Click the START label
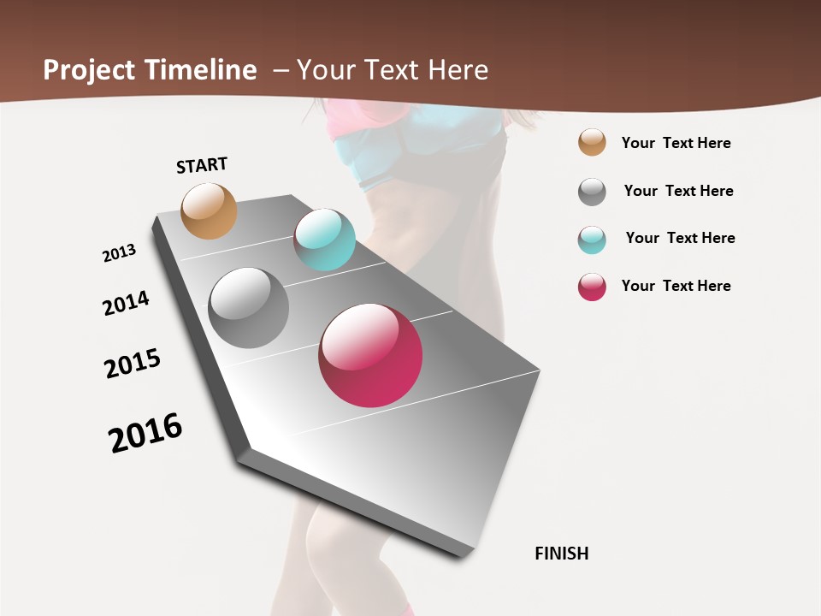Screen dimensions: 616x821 click(x=202, y=165)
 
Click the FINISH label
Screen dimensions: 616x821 click(x=562, y=554)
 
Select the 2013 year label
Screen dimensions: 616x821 click(x=119, y=253)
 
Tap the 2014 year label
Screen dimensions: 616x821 click(x=126, y=303)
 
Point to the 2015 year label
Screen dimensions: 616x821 click(x=133, y=364)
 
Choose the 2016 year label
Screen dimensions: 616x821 click(x=145, y=433)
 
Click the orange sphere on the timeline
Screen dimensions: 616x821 click(x=209, y=210)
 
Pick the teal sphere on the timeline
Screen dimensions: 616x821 click(x=324, y=240)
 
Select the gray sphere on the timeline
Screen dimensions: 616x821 click(x=248, y=308)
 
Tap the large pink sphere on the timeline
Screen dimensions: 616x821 click(x=370, y=355)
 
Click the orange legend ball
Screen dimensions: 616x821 click(x=592, y=142)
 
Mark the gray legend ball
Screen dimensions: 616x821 click(x=592, y=192)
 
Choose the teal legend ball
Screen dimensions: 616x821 click(x=592, y=240)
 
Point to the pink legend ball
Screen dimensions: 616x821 click(x=592, y=287)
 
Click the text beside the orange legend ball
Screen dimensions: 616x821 click(x=676, y=143)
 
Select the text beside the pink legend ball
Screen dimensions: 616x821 click(x=676, y=286)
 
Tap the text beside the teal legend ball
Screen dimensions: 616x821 click(x=680, y=238)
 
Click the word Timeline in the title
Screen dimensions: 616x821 click(x=201, y=70)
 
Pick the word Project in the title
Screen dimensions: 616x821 click(x=88, y=70)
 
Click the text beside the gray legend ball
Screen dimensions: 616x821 click(x=678, y=191)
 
